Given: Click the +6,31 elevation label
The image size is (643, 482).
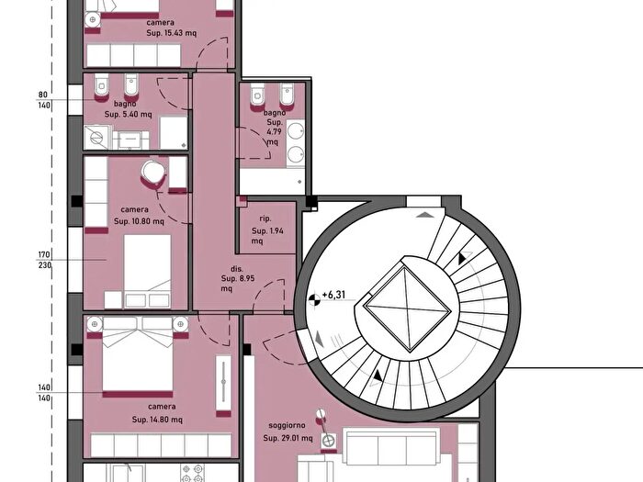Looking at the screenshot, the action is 333,295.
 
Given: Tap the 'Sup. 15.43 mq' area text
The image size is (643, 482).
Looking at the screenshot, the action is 172,33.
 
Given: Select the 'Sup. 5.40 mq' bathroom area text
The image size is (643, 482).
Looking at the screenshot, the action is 128,115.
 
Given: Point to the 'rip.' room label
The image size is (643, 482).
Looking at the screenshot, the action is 265,219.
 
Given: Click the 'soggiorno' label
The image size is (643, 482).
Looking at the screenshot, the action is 287,425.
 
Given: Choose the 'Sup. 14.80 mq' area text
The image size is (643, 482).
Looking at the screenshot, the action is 157,420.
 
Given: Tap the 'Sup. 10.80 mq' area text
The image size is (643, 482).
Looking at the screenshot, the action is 139,221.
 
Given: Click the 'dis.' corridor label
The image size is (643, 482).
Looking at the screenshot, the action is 237,269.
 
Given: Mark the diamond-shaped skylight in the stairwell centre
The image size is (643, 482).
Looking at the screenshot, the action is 408,308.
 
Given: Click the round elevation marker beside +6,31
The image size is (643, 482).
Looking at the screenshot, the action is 314,300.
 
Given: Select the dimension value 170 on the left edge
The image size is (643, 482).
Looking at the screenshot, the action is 44,254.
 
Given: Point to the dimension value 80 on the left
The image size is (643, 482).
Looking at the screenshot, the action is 43,95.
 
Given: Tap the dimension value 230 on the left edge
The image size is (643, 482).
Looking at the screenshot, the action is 45,265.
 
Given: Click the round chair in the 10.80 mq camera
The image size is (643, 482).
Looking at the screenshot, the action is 152,173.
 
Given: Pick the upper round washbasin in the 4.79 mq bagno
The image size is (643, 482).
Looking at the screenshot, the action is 296,131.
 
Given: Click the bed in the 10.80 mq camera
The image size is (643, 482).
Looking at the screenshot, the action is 147,271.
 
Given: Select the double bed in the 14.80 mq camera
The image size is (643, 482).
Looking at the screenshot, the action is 138,354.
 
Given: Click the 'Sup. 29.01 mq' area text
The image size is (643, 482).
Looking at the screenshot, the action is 288,438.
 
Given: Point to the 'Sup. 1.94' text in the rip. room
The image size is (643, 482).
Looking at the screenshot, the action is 268,230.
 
